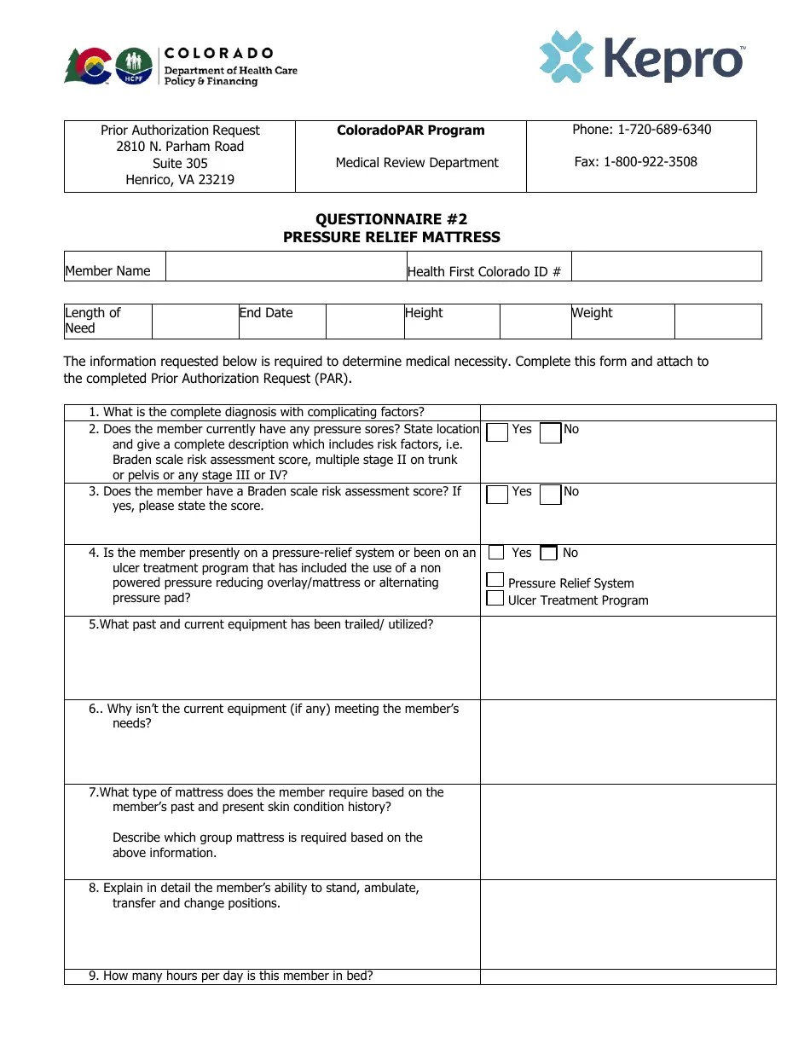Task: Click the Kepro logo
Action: coord(642,58)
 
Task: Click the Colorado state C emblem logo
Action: coord(88,66)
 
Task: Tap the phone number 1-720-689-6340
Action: coord(641,130)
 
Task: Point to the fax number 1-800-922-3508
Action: coord(635,162)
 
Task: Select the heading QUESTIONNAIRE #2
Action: coord(391,219)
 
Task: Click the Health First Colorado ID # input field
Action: coord(665,266)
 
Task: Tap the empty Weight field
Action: coord(717,322)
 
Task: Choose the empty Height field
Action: coord(535,322)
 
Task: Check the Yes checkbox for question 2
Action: coord(497,432)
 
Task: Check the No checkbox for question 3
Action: coord(551,495)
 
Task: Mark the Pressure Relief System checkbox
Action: coord(495,580)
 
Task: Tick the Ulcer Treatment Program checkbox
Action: coord(495,598)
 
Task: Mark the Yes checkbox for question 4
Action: coord(496,553)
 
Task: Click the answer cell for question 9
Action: coord(628,977)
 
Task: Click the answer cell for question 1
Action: coord(628,413)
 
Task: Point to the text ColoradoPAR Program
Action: coord(410,130)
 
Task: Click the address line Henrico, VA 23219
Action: coord(180,180)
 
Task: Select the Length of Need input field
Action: coord(195,322)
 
